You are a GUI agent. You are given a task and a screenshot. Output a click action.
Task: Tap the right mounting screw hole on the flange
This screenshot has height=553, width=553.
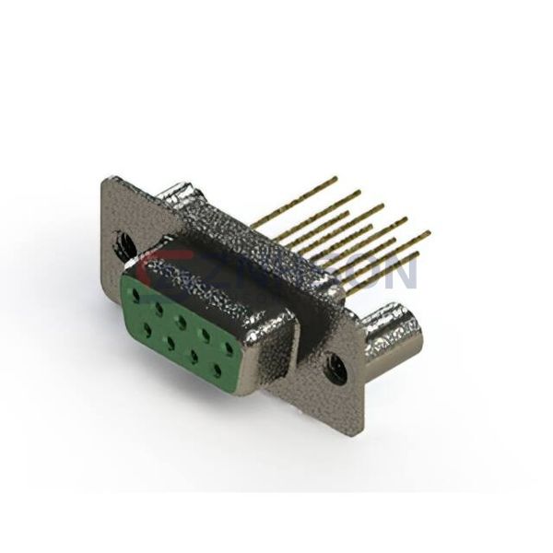[337, 369]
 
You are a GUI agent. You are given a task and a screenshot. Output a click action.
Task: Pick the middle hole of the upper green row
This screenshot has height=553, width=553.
[182, 323]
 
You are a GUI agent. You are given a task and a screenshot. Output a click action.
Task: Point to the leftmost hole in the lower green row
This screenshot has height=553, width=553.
[147, 327]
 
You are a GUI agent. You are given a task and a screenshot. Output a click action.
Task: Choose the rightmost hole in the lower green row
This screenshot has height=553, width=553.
[218, 371]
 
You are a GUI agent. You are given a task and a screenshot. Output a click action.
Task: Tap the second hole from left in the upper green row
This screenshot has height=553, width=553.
[159, 310]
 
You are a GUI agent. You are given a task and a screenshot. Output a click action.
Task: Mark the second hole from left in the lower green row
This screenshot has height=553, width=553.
[171, 342]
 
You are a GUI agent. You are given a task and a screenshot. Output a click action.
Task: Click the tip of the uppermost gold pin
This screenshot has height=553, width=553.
[335, 178]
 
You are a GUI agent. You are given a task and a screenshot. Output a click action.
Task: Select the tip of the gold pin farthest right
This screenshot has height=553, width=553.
[429, 233]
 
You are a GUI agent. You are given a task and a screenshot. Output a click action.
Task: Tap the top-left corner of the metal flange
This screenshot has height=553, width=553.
[106, 180]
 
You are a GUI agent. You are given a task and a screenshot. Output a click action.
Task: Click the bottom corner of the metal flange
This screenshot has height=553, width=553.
[360, 429]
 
